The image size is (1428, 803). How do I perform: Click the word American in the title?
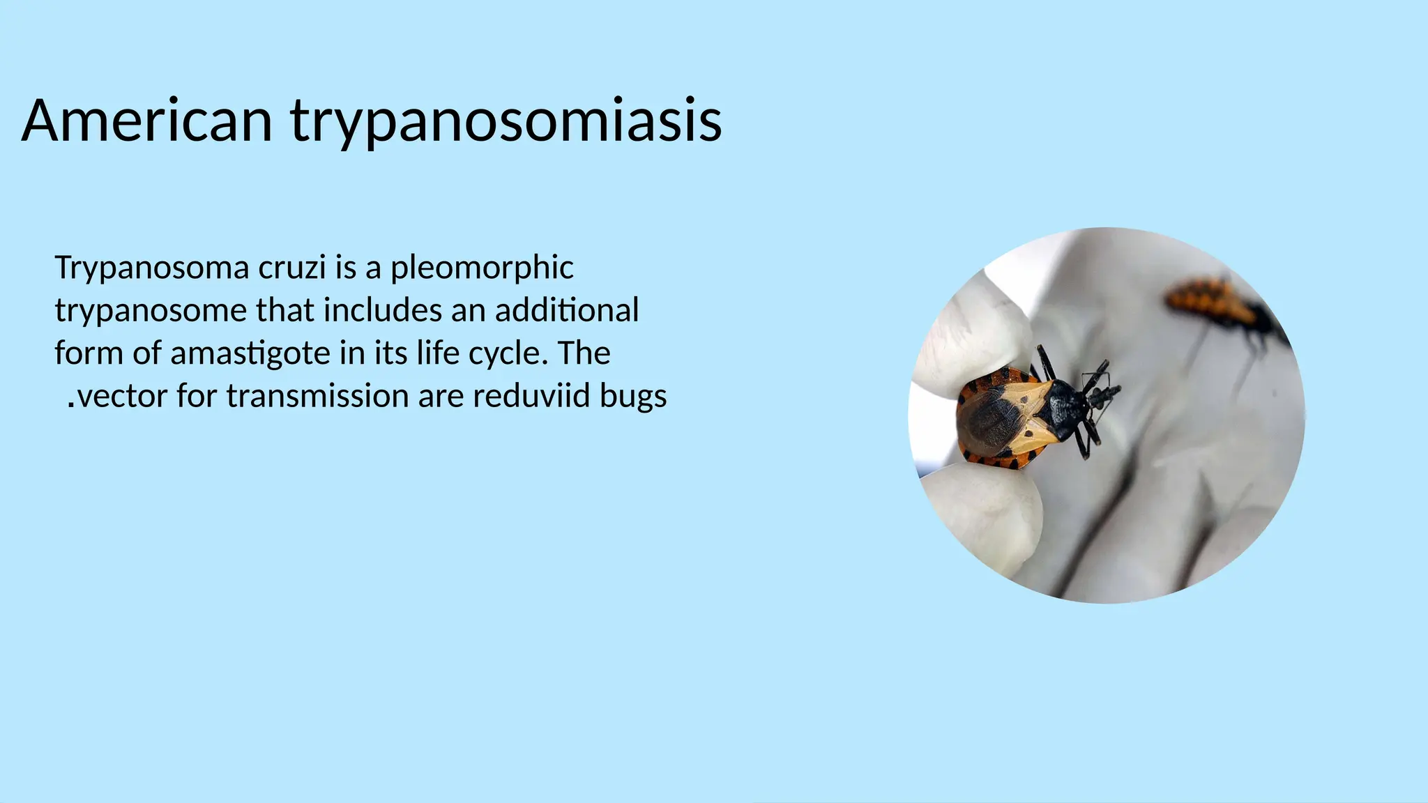[x=146, y=121]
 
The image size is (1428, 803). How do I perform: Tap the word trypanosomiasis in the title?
[x=506, y=121]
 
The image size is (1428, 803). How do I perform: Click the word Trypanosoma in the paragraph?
[x=151, y=268]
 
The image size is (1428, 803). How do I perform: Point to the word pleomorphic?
[x=482, y=268]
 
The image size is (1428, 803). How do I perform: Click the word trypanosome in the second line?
[x=151, y=311]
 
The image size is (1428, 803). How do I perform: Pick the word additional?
[x=566, y=311]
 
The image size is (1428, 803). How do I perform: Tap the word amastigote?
[x=250, y=353]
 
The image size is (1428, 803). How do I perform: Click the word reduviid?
[x=531, y=396]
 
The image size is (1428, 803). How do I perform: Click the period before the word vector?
[x=71, y=403]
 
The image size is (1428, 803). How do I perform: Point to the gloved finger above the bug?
[x=976, y=328]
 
